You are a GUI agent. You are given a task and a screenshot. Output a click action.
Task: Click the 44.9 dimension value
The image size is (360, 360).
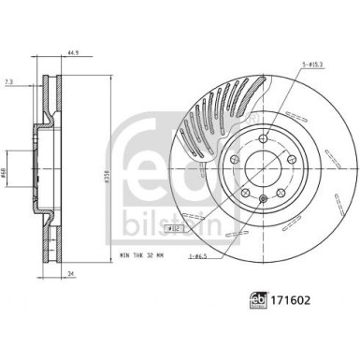[x=70, y=53]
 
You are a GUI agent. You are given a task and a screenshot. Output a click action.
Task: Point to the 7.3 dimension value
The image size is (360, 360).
[x=9, y=82]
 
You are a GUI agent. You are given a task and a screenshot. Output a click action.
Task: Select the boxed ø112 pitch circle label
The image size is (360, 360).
[x=172, y=228]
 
